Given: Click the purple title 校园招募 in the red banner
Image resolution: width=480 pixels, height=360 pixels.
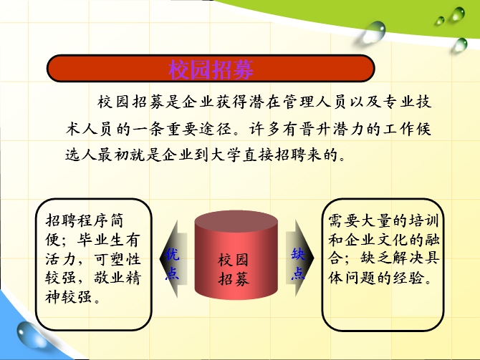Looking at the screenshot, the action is pos(211,69).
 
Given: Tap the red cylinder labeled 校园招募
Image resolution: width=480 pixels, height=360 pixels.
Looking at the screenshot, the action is pos(236,255).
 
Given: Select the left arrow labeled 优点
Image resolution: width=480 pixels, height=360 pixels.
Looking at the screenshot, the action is pos(173,258).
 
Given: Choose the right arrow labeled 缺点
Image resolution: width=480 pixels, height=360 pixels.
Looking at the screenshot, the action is pos(299,258).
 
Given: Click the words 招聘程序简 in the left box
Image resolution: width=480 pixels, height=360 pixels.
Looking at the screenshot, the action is pos(85,220).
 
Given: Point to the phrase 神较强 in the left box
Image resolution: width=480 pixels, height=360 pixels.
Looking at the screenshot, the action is pos(68,297).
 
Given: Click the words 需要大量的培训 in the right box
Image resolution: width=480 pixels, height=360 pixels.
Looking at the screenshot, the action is pos(383,220).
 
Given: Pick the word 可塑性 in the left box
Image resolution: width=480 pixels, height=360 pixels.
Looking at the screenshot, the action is pos(117,259).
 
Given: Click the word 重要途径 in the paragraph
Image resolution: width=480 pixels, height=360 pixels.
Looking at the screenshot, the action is pos(198,129).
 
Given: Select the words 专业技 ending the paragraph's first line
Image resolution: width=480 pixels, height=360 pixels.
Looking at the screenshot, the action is pos(407,102).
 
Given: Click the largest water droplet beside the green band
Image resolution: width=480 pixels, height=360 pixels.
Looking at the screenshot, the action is pos(374,31).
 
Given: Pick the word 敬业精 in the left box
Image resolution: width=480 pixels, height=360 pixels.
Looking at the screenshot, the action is pos(117,278).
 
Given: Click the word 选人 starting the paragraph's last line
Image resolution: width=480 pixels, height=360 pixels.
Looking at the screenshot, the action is pos(81,155).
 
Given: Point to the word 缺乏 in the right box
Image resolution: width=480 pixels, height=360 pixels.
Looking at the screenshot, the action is pos(376,258).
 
